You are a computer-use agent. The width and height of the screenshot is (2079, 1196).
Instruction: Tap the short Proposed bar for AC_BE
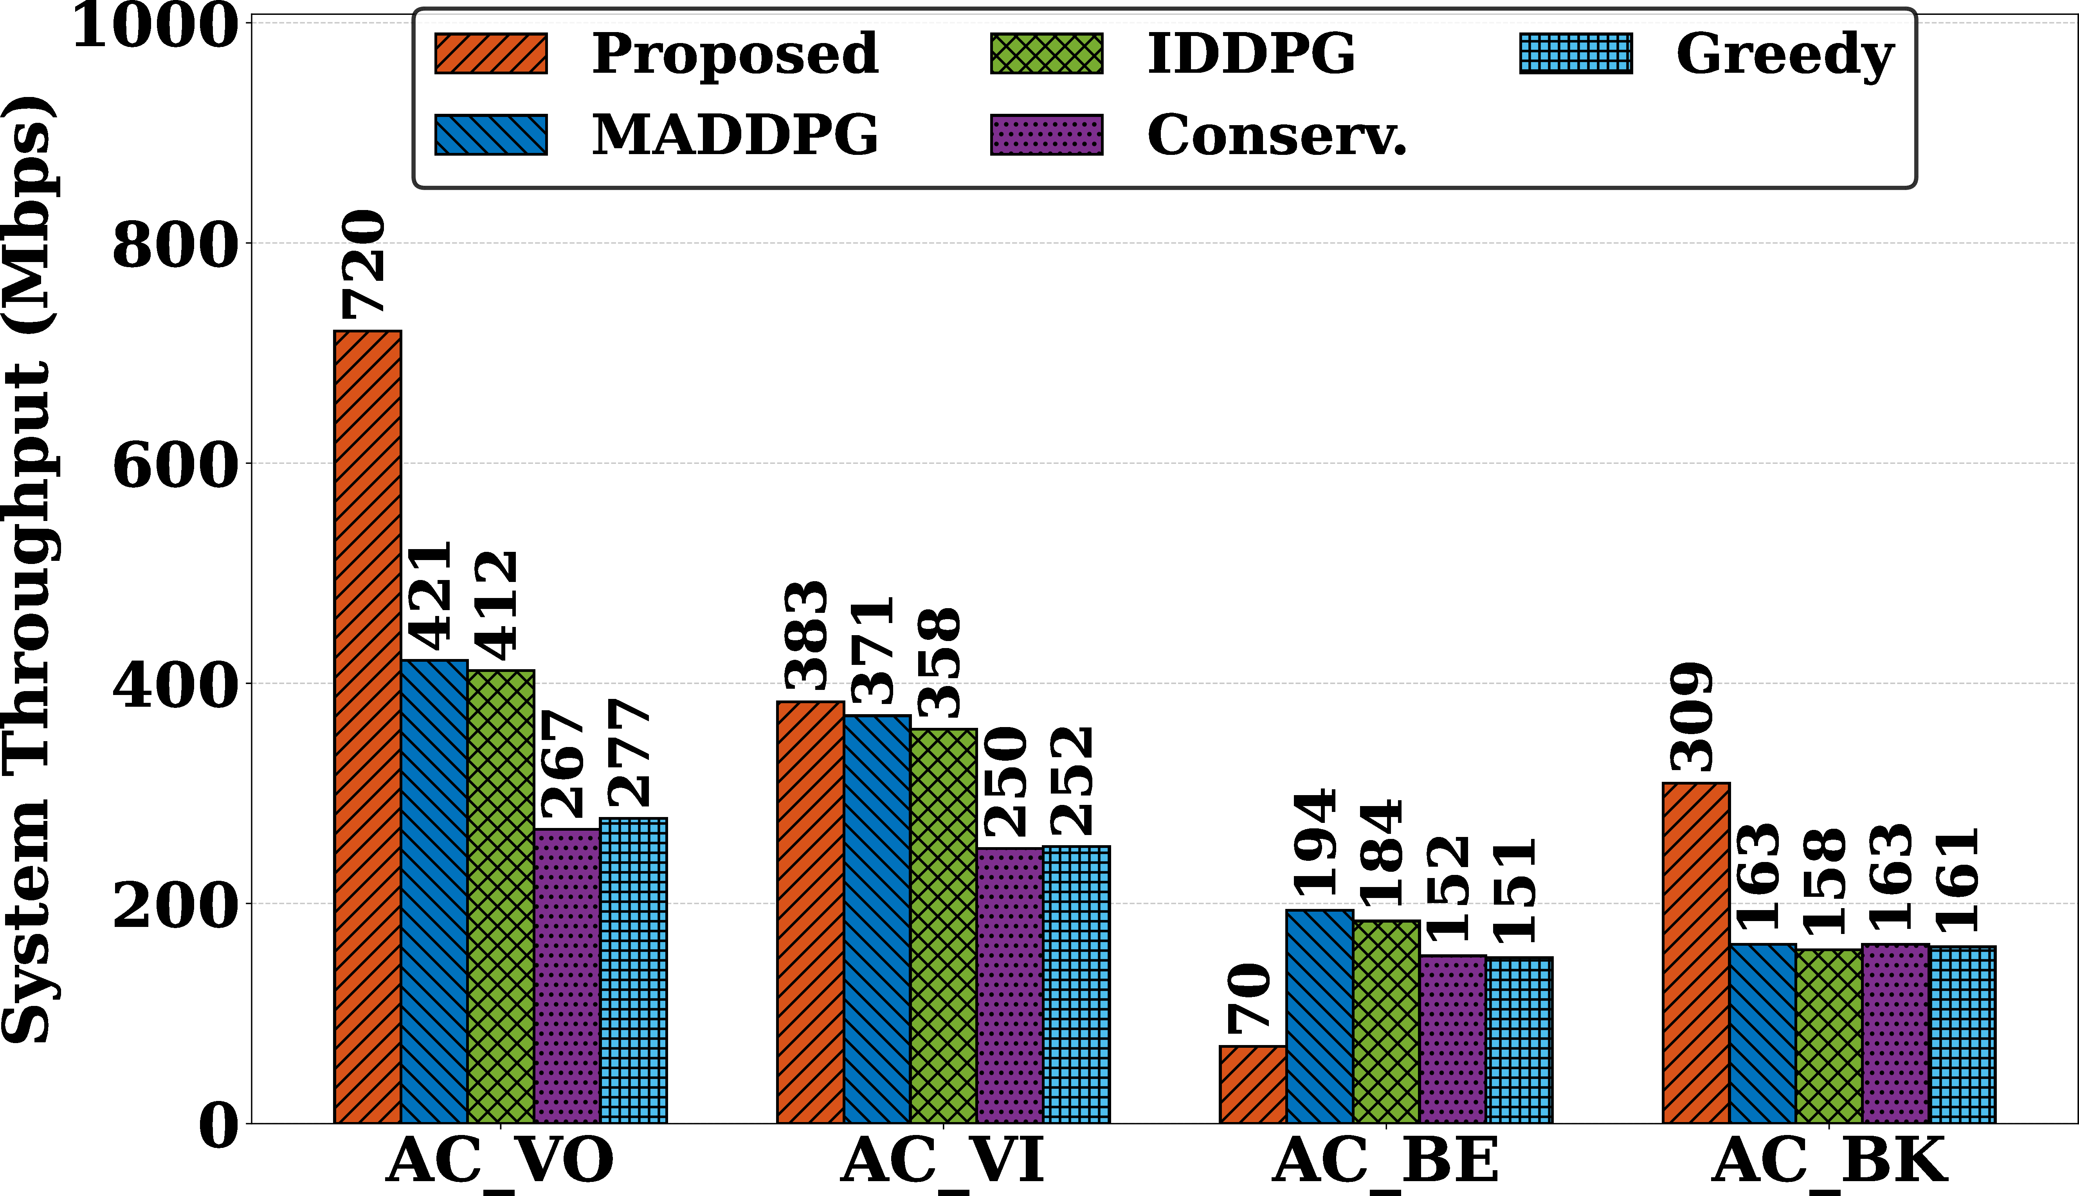[1253, 1084]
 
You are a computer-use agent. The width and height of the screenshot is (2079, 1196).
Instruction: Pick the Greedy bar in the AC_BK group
[1962, 1034]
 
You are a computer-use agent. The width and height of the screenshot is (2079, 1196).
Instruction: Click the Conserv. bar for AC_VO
[567, 976]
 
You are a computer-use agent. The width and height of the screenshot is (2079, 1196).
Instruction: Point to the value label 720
[363, 264]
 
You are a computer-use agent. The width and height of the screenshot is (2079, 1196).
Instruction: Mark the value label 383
[806, 635]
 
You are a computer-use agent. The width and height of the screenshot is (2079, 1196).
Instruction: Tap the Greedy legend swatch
[1575, 54]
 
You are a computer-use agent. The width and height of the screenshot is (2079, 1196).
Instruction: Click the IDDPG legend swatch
[1046, 54]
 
